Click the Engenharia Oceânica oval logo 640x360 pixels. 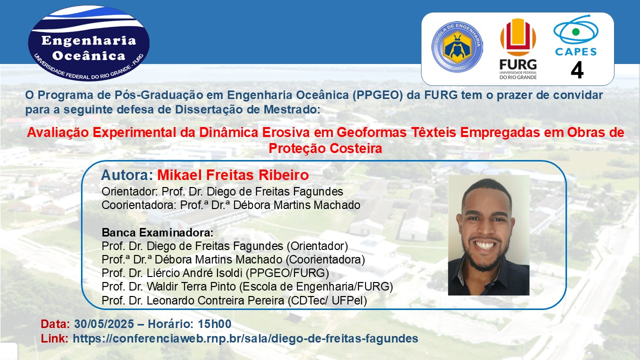tap(88, 43)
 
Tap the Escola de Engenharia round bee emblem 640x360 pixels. tap(457, 46)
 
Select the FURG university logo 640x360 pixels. tap(518, 49)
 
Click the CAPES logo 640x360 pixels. tap(575, 35)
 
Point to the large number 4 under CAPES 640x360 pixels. tap(577, 70)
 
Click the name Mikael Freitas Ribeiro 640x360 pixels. tap(233, 175)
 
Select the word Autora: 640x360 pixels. tap(127, 175)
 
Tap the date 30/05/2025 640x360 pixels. tap(104, 324)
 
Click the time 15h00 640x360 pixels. tap(214, 324)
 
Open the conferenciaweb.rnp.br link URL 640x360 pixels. tap(245, 338)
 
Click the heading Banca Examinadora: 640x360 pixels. tap(157, 233)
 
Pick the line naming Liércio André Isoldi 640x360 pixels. tap(215, 273)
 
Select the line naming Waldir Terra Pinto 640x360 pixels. tap(247, 286)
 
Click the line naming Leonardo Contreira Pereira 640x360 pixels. tap(234, 300)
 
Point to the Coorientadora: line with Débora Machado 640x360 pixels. tap(231, 205)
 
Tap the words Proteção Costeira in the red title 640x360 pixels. tap(325, 148)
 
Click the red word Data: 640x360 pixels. tap(55, 324)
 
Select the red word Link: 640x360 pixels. tap(54, 338)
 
